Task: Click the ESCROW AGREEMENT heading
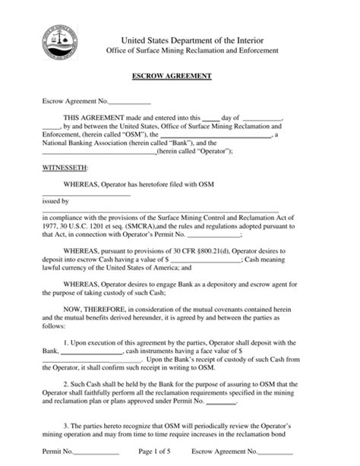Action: click(179, 77)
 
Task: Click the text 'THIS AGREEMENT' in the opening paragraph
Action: click(90, 118)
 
